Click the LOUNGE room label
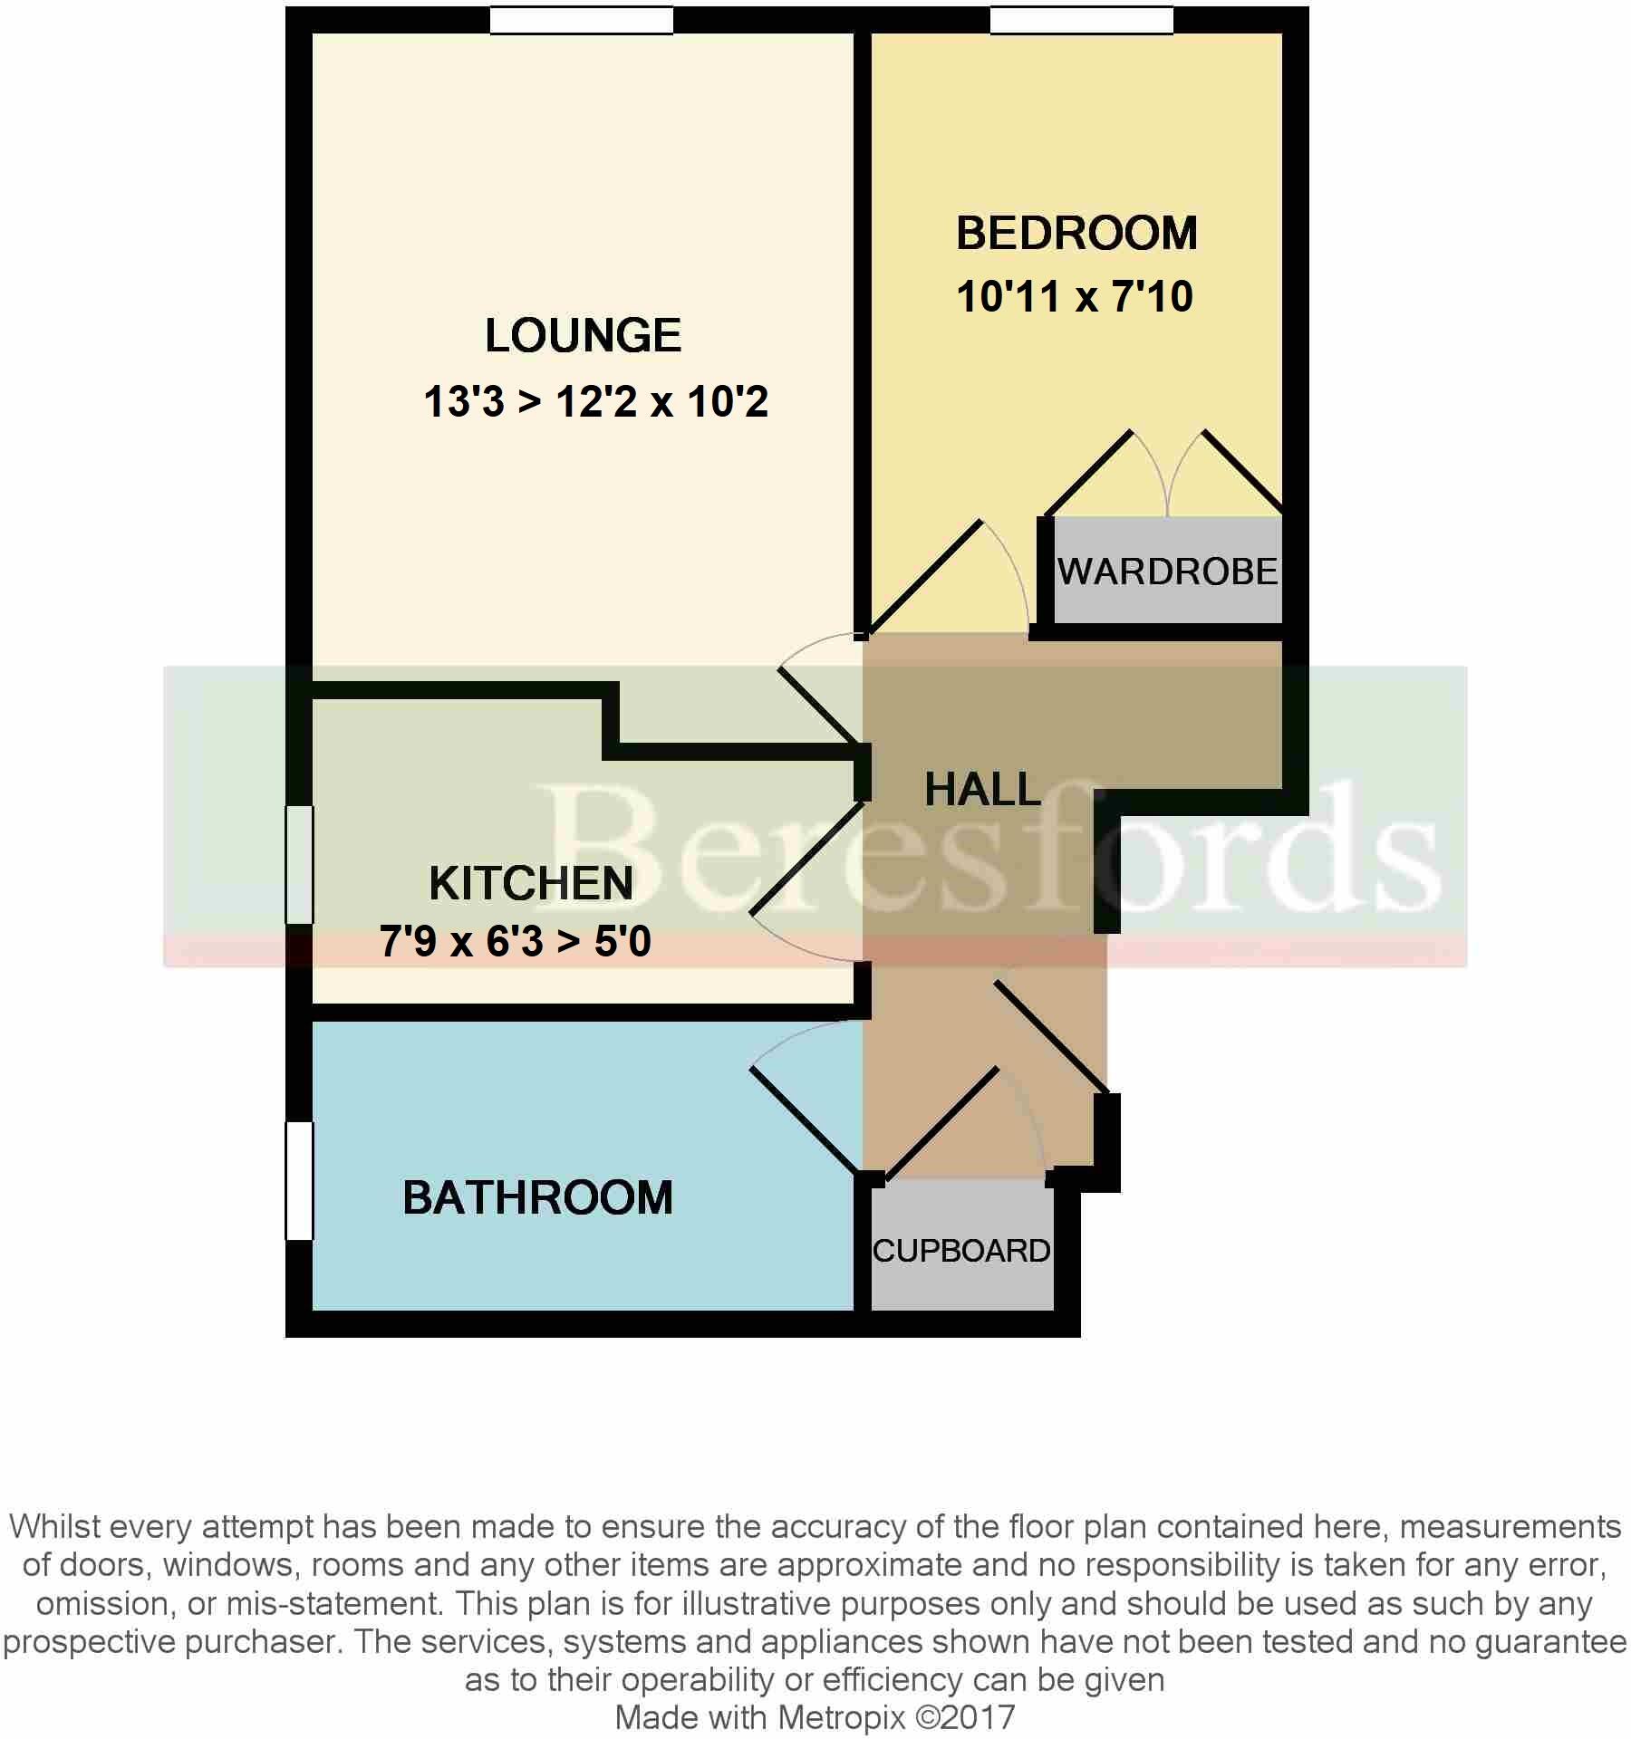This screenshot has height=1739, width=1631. [x=583, y=336]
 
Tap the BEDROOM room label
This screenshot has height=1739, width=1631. [x=1076, y=234]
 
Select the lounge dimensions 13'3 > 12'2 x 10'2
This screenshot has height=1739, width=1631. [x=595, y=401]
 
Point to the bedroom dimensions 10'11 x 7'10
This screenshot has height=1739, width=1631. [x=1075, y=297]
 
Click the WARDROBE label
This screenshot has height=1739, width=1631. [x=1167, y=572]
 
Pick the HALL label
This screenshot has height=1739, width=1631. [x=982, y=790]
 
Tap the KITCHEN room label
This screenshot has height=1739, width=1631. [x=531, y=883]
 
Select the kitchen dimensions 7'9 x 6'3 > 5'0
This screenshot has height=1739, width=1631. [x=515, y=942]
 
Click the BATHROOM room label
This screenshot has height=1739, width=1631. [x=537, y=1197]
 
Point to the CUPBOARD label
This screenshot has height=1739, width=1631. [x=960, y=1251]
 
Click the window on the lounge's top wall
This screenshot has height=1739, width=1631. [x=582, y=20]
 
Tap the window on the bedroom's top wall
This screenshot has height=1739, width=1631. [x=1081, y=20]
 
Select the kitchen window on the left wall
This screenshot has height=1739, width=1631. [x=299, y=864]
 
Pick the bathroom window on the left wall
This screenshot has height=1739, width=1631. [x=299, y=1180]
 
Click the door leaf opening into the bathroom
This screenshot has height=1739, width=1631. [x=805, y=1122]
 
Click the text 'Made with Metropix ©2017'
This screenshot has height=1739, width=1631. [x=815, y=1717]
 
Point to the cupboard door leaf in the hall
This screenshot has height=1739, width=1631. [x=942, y=1124]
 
